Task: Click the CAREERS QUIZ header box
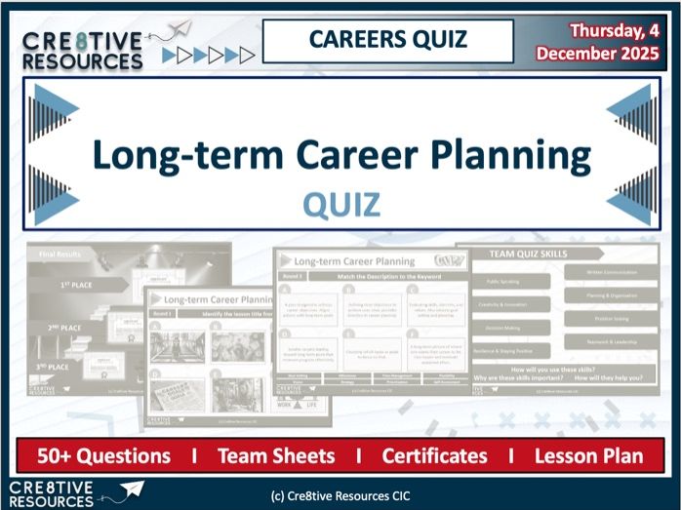pyautogui.click(x=388, y=40)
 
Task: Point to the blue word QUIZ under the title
pyautogui.click(x=340, y=204)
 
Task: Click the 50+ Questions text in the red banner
pyautogui.click(x=103, y=455)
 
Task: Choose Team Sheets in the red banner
pyautogui.click(x=275, y=455)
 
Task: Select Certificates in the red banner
pyautogui.click(x=434, y=455)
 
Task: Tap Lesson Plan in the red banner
pyautogui.click(x=588, y=455)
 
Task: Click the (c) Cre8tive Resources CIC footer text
pyautogui.click(x=340, y=495)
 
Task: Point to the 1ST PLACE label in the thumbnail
pyautogui.click(x=78, y=284)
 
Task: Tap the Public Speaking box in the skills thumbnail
pyautogui.click(x=509, y=281)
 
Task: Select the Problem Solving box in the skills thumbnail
pyautogui.click(x=613, y=318)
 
